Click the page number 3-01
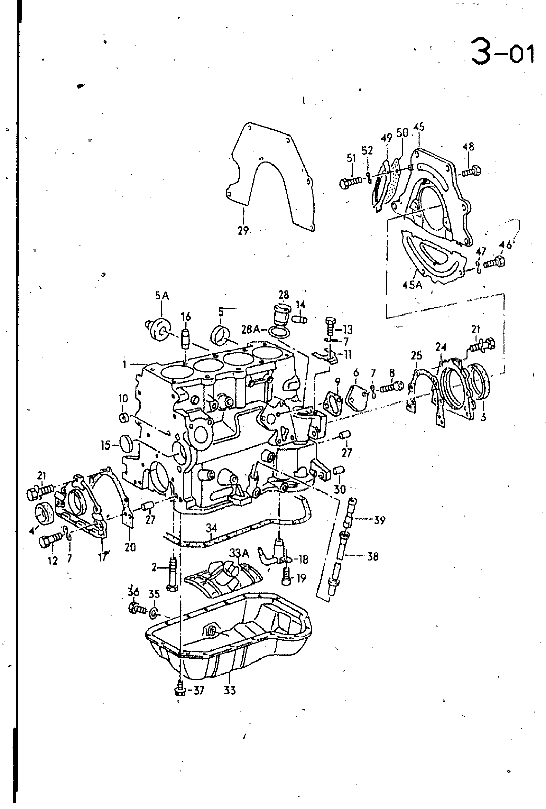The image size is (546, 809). click(503, 53)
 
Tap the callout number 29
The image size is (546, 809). click(244, 230)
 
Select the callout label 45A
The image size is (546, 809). click(413, 285)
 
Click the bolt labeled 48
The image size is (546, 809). click(472, 171)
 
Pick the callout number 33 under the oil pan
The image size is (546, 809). click(230, 690)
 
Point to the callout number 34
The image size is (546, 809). click(212, 528)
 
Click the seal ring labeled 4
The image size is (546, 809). click(45, 513)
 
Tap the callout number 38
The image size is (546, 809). click(372, 556)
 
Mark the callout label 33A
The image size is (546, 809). click(239, 553)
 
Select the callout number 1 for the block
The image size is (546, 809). click(124, 365)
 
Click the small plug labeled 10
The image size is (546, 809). click(123, 418)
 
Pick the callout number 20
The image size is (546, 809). click(130, 547)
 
